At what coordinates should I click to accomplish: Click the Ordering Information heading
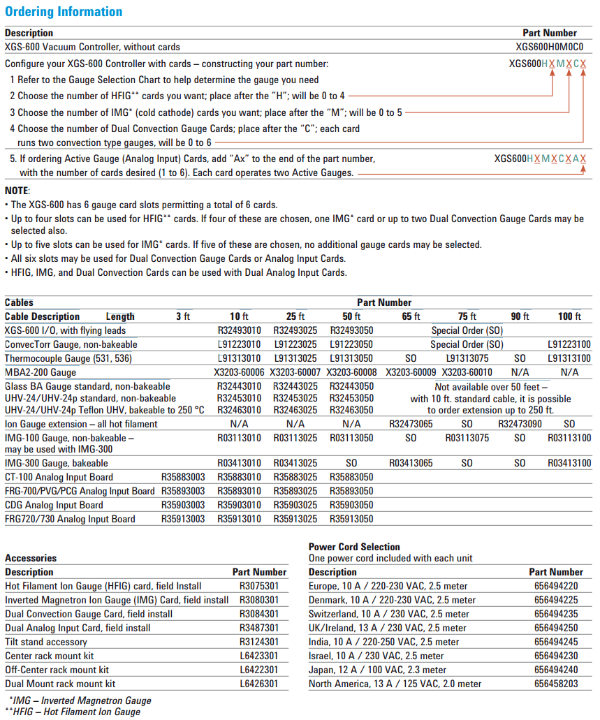click(x=64, y=12)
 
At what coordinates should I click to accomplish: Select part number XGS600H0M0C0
click(x=550, y=47)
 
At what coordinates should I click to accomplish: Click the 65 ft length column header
click(x=411, y=316)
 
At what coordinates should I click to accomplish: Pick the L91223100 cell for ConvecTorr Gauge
click(x=569, y=344)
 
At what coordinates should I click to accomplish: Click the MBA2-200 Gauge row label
click(x=41, y=372)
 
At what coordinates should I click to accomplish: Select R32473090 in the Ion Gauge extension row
click(x=521, y=424)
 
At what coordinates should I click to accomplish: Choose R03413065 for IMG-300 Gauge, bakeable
click(x=411, y=463)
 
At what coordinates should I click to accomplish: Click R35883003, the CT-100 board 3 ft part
click(x=183, y=477)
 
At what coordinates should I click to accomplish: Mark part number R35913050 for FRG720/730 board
click(x=351, y=519)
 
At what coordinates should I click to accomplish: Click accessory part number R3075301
click(x=259, y=586)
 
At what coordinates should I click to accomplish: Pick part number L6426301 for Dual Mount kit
click(x=259, y=684)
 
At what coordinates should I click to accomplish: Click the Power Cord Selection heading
click(x=354, y=547)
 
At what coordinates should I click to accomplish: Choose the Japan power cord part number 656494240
click(x=556, y=670)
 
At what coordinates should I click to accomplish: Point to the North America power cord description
click(x=395, y=684)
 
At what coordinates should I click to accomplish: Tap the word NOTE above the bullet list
click(x=17, y=191)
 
